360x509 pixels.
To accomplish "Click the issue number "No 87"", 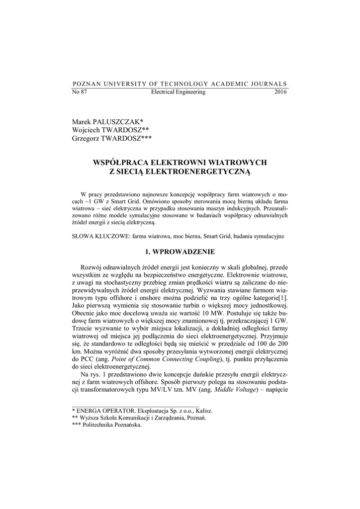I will click(80, 92).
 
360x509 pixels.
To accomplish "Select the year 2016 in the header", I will click(280, 92).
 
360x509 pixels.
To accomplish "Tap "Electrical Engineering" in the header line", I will click(178, 92).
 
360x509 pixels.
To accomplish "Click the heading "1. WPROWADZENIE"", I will click(180, 252).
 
